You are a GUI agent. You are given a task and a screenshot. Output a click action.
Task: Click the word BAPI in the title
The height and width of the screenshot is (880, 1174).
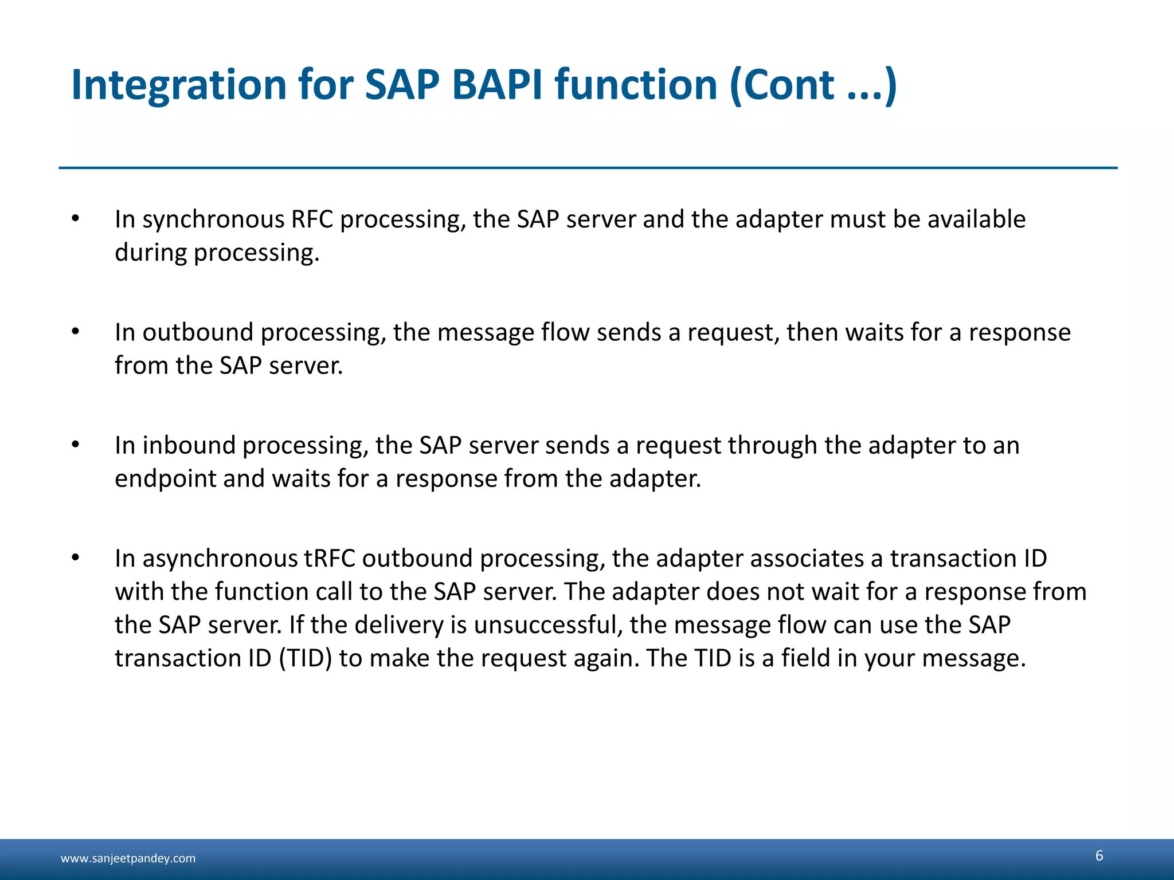[496, 85]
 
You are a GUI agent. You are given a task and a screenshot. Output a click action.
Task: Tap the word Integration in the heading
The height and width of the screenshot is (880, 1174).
[178, 85]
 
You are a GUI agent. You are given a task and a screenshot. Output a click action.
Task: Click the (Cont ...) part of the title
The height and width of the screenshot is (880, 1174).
[812, 85]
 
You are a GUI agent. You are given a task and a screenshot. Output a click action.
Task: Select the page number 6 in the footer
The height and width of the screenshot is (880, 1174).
[1099, 855]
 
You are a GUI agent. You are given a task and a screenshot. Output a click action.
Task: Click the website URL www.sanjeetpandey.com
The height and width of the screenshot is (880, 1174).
[128, 858]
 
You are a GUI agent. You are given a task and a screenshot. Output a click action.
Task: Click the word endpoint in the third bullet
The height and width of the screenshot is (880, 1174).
[165, 478]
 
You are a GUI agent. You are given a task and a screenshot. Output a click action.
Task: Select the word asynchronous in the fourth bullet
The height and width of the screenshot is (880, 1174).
[220, 558]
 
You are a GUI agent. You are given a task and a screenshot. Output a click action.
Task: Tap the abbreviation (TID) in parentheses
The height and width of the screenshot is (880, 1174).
[306, 658]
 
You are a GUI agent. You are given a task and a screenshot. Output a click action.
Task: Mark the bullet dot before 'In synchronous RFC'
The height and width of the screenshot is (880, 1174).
[76, 219]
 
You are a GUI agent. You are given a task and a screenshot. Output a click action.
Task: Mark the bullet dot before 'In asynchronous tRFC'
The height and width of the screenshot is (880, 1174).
[76, 557]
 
